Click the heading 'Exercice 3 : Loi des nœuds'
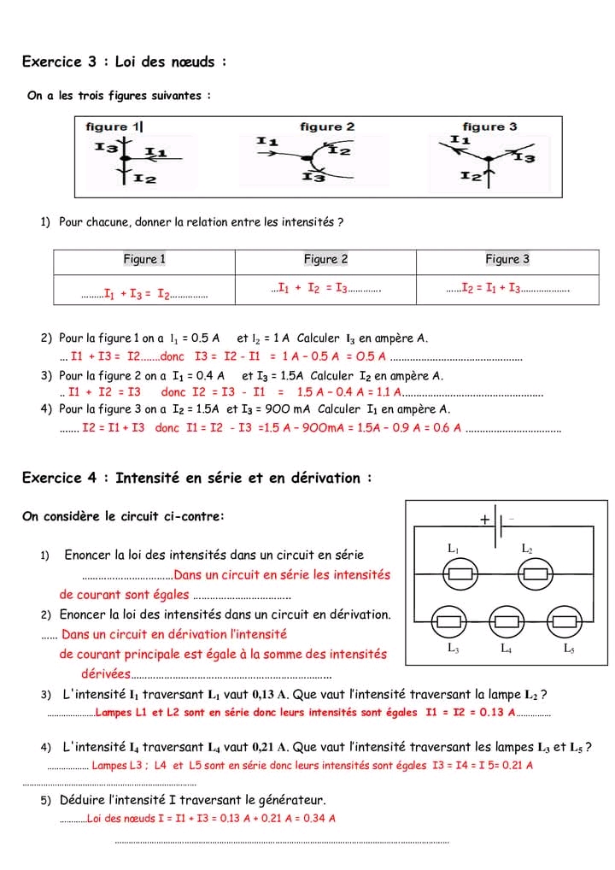click(x=124, y=62)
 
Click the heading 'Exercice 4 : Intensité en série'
click(x=196, y=478)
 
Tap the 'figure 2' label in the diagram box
click(x=326, y=127)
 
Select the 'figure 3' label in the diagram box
click(x=489, y=127)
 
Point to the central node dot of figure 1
click(x=125, y=160)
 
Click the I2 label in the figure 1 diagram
click(x=144, y=179)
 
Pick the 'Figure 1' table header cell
click(x=144, y=260)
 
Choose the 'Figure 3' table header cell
click(x=507, y=260)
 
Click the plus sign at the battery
click(x=484, y=519)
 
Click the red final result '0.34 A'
click(x=318, y=819)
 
